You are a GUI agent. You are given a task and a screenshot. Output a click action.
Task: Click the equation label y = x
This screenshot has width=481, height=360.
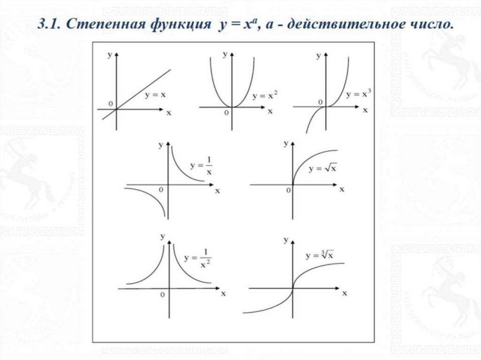155,94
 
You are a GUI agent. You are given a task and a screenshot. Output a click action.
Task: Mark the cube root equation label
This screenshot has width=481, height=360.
320,256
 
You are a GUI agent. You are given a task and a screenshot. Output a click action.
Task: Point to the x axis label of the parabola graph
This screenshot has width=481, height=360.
270,112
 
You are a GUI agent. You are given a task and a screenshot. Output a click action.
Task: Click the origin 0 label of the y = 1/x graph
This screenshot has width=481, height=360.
161,189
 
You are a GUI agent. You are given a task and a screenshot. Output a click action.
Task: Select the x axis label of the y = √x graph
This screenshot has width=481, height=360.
342,189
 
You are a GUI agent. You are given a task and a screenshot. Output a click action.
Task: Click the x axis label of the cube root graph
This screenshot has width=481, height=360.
345,293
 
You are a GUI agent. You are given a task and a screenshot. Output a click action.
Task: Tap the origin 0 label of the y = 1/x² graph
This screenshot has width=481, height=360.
162,294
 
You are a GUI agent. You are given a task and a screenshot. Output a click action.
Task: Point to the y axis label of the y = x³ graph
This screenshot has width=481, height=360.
318,56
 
